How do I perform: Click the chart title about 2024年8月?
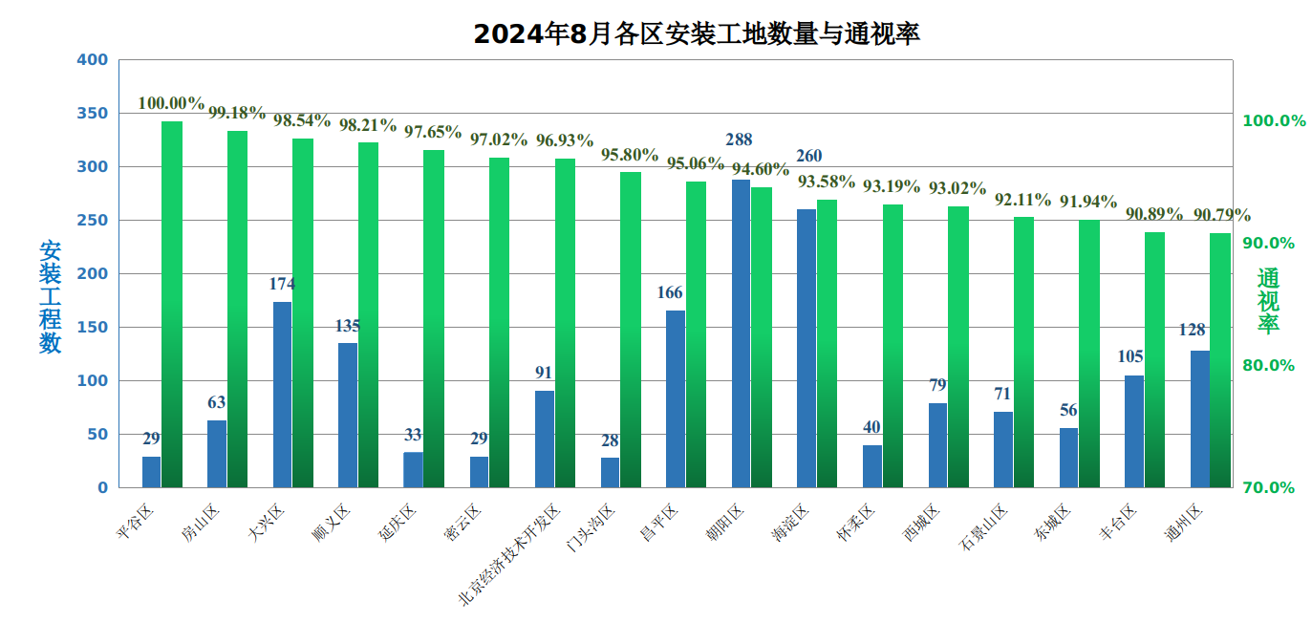pos(696,34)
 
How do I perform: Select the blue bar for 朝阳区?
pos(741,332)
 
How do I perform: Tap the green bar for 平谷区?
pos(172,304)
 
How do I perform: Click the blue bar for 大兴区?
pos(282,394)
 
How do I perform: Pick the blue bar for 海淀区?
pos(807,348)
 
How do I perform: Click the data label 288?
pos(739,140)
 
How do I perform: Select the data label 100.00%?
pos(171,103)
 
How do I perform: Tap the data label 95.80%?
pos(630,155)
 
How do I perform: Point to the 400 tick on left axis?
pos(92,60)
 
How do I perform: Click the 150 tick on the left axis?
pos(92,328)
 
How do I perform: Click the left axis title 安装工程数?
pos(50,296)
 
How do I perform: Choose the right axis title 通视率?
pos(1267,301)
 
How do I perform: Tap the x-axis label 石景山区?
pos(983,528)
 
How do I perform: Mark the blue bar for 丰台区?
pos(1133,431)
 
